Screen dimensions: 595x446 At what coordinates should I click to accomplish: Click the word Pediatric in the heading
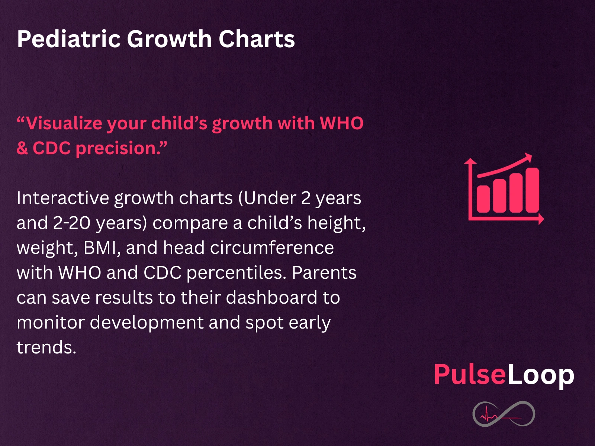[69, 39]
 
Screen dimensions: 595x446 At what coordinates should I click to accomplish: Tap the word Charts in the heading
[257, 39]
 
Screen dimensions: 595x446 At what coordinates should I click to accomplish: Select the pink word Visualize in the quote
[64, 123]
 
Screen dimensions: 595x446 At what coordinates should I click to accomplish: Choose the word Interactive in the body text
[63, 198]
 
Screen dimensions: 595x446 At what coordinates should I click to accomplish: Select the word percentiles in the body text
[237, 273]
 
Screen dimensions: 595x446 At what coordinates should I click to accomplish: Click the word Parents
[324, 273]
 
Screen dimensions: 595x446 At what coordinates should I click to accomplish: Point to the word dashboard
[271, 297]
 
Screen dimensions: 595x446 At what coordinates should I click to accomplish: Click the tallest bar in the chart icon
[533, 190]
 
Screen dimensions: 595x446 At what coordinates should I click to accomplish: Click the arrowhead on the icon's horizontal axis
[541, 219]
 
